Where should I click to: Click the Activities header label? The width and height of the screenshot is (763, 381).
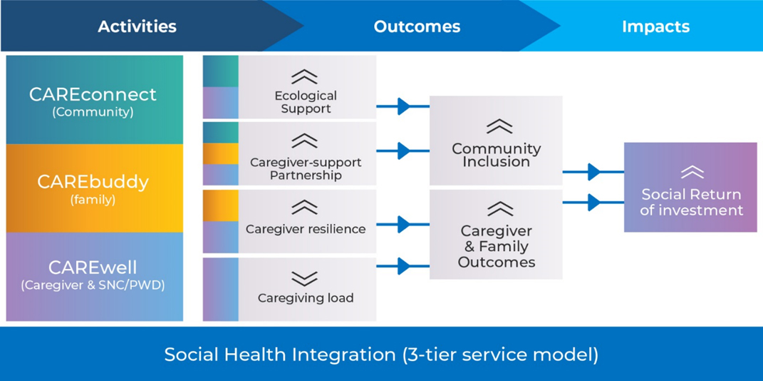click(137, 26)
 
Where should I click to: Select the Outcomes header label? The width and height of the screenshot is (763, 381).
click(417, 26)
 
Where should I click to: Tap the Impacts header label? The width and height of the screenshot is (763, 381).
click(655, 26)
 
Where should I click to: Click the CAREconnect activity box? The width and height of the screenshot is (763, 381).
click(95, 100)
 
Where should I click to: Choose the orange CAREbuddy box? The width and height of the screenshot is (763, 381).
click(95, 188)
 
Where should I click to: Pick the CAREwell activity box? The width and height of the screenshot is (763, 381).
click(95, 277)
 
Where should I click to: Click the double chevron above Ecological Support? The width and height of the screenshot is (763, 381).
click(304, 77)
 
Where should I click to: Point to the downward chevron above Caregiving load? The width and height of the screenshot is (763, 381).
click(304, 279)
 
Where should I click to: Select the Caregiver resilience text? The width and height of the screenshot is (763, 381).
click(306, 228)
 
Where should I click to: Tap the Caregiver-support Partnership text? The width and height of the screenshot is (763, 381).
click(306, 168)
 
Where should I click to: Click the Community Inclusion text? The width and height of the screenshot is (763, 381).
click(496, 155)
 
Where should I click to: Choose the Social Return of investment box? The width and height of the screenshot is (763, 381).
click(690, 187)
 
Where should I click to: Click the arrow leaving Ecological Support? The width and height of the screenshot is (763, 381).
click(403, 106)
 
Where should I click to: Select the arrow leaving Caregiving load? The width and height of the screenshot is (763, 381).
click(403, 266)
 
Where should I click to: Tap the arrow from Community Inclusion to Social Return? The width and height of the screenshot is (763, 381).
click(593, 171)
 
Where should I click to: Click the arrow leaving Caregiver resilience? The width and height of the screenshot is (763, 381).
click(403, 225)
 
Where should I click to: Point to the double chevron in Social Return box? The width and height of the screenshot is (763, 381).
click(692, 172)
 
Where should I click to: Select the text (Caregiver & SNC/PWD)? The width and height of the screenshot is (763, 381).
click(93, 285)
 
